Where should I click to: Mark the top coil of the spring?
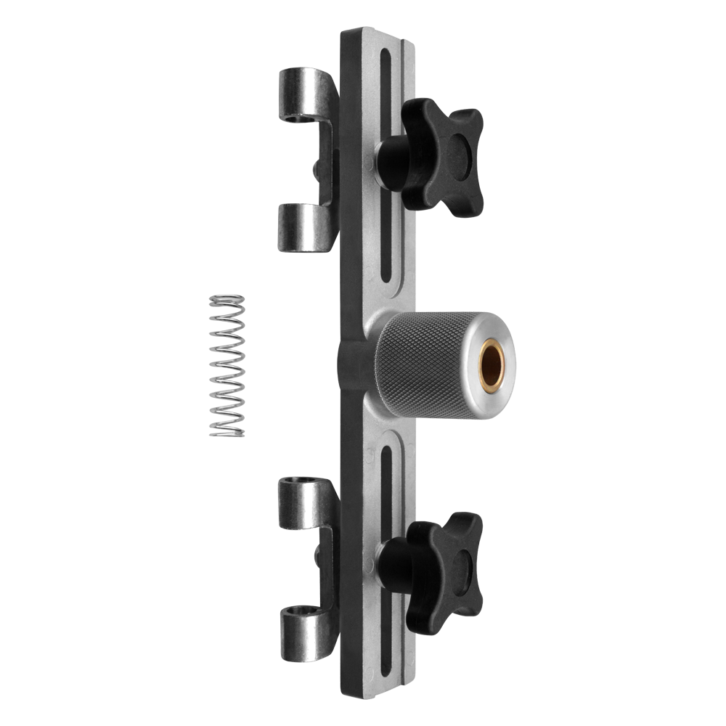tap(227, 299)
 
